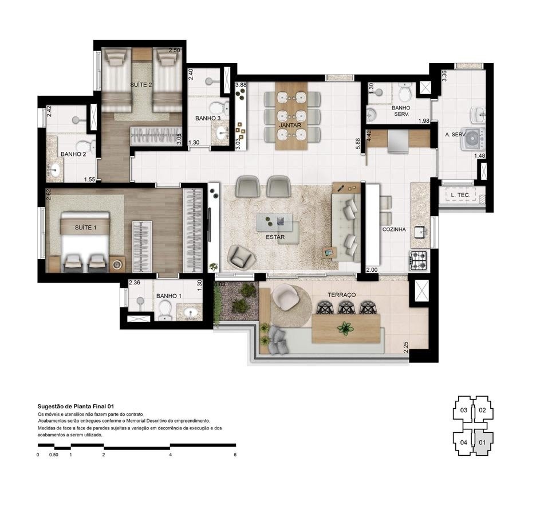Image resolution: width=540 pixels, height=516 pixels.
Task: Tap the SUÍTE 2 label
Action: pyautogui.click(x=141, y=85)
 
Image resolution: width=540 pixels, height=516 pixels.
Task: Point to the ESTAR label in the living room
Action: pyautogui.click(x=275, y=236)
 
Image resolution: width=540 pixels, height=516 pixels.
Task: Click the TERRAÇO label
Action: pyautogui.click(x=342, y=295)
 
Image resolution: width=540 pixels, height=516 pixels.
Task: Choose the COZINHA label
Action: pyautogui.click(x=394, y=229)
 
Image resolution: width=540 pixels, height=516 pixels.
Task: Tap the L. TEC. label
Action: pyautogui.click(x=460, y=196)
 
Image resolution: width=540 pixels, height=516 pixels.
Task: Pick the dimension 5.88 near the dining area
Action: pyautogui.click(x=357, y=144)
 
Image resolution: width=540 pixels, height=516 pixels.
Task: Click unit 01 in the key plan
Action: pyautogui.click(x=482, y=442)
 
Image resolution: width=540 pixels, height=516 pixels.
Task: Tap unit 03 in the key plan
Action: pyautogui.click(x=463, y=410)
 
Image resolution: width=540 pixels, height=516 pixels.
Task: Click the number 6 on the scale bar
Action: pyautogui.click(x=235, y=455)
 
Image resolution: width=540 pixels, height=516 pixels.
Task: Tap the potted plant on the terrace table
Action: pyautogui.click(x=345, y=329)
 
